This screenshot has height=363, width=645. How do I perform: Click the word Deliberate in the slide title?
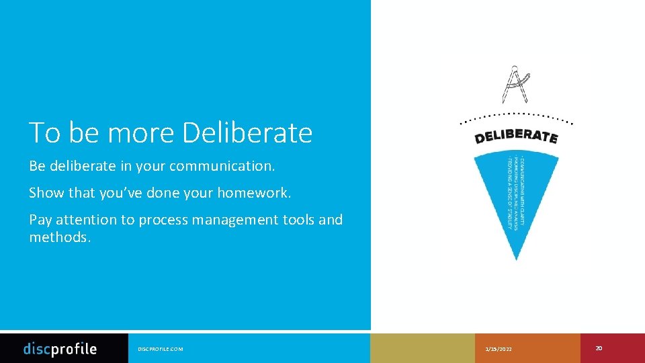(247, 133)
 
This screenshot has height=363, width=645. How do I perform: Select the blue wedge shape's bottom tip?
(516, 257)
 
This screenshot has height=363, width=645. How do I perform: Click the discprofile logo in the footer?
(60, 349)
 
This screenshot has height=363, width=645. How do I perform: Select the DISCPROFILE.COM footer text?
(160, 349)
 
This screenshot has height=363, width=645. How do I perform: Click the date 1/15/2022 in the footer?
(498, 349)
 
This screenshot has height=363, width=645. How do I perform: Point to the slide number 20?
(599, 348)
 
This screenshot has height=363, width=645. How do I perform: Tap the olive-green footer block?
(422, 348)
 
